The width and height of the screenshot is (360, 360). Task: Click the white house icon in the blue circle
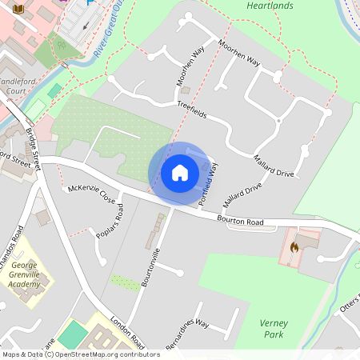[180, 173]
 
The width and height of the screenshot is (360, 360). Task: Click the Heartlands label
[270, 6]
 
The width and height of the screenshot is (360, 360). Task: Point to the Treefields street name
[192, 110]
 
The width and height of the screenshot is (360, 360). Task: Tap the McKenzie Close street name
[91, 192]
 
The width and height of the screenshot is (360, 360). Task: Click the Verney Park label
[274, 329]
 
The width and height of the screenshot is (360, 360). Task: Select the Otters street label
[350, 306]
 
